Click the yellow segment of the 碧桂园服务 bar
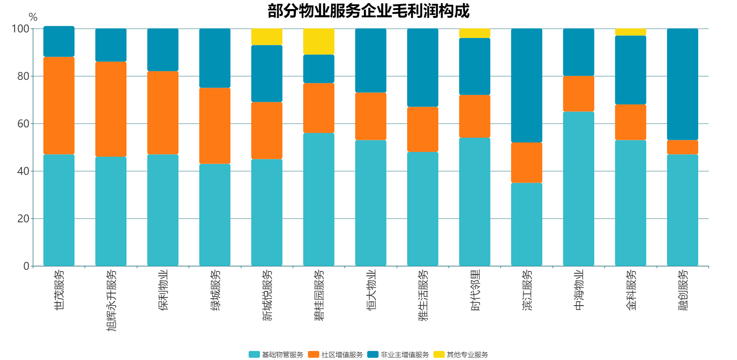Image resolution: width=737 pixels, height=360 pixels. (x=319, y=41)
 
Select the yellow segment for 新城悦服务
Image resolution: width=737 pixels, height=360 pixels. (x=267, y=37)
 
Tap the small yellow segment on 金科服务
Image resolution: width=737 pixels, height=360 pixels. (x=630, y=32)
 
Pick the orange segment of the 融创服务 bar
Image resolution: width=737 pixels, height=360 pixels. (x=682, y=147)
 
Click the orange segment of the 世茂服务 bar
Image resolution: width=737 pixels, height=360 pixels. (x=59, y=105)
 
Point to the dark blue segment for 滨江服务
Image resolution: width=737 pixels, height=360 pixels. (x=526, y=85)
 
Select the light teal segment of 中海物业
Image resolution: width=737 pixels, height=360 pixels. (x=579, y=189)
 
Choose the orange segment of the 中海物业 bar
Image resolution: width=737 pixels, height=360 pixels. (x=579, y=94)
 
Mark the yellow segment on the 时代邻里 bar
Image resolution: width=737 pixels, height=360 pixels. (x=474, y=33)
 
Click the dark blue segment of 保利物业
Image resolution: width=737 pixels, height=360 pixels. (x=163, y=50)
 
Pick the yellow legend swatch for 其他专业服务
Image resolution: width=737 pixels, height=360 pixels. (x=439, y=354)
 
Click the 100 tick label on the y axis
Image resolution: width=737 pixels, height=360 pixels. (x=20, y=29)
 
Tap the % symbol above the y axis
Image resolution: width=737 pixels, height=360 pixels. (x=33, y=17)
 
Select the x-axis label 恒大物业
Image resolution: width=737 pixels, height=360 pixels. (x=371, y=290)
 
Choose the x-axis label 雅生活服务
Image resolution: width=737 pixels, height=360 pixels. (x=423, y=295)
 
